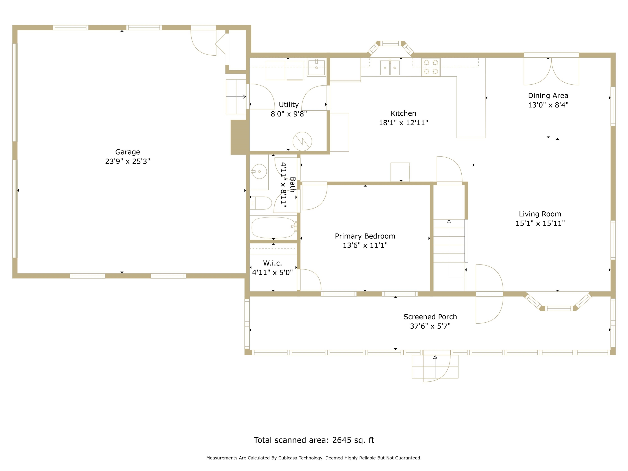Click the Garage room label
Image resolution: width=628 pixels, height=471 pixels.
pos(128,152)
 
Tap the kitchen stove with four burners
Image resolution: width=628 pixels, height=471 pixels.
pos(431,67)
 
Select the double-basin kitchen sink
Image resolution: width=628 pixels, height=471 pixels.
pos(390,67)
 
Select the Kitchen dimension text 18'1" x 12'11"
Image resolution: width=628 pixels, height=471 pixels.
pos(403,123)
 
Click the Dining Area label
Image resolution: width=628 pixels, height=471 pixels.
pos(548,96)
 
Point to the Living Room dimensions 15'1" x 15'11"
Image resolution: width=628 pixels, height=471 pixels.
pos(540,223)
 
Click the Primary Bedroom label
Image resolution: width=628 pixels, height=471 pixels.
pos(365,236)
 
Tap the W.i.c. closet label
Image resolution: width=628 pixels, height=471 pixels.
pos(273,263)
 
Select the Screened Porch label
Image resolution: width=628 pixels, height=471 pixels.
pos(430,317)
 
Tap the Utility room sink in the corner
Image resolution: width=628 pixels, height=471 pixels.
pos(316,67)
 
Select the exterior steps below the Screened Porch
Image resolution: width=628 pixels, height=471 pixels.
pos(435,367)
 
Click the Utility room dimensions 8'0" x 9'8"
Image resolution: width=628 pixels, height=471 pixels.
pos(289,114)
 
